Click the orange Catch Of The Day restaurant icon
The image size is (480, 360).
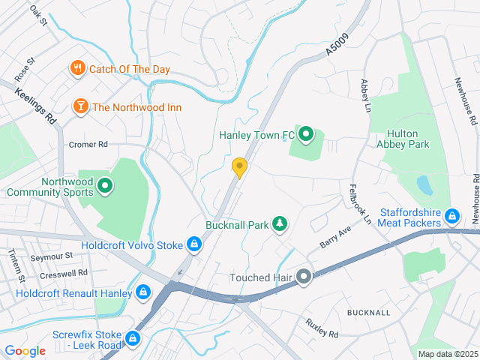[77, 69]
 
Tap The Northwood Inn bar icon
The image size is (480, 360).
[79, 107]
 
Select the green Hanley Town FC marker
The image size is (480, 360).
[305, 135]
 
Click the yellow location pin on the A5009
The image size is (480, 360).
[239, 167]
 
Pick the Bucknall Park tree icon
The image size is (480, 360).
[279, 223]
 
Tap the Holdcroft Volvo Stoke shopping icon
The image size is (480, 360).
[194, 244]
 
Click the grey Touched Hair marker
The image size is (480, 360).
[304, 277]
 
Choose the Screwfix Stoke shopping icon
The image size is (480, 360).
[133, 339]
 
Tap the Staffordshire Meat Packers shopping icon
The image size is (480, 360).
[451, 217]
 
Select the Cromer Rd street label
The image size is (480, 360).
[88, 144]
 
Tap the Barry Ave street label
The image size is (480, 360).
[335, 240]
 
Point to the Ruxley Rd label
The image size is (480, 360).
[322, 328]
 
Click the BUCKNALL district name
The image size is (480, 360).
[368, 311]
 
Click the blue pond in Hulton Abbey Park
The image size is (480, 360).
[424, 185]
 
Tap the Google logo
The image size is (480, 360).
[25, 351]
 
